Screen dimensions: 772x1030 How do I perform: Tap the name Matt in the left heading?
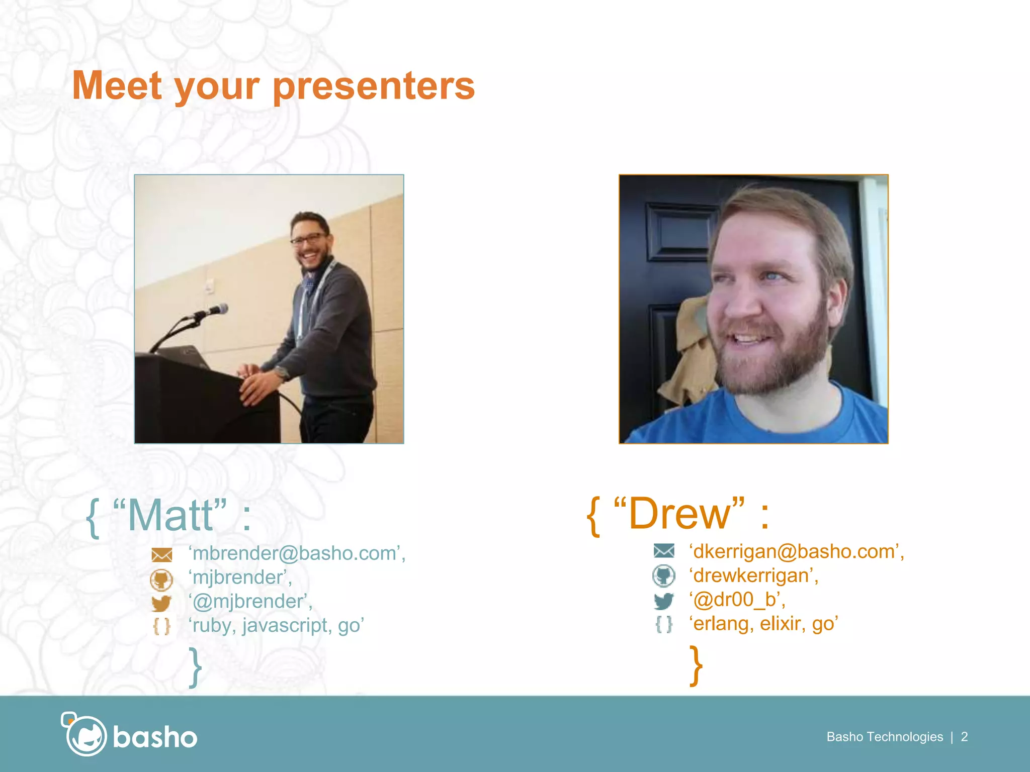(170, 516)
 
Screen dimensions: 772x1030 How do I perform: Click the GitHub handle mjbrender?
(239, 577)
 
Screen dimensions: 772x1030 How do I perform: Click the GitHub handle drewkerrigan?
(753, 576)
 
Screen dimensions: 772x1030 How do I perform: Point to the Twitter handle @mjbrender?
(249, 602)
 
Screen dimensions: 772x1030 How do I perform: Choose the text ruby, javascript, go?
(276, 626)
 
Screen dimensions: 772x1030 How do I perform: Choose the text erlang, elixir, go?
(763, 624)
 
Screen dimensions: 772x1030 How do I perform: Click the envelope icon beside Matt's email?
(161, 555)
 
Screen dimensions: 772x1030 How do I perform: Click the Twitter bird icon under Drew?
(663, 601)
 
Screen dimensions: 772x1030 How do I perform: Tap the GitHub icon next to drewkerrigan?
(663, 576)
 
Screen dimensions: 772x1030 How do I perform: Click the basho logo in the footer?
(129, 736)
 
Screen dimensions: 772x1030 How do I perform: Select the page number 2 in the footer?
(964, 737)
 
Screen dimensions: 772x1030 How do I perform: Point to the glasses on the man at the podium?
(308, 239)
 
